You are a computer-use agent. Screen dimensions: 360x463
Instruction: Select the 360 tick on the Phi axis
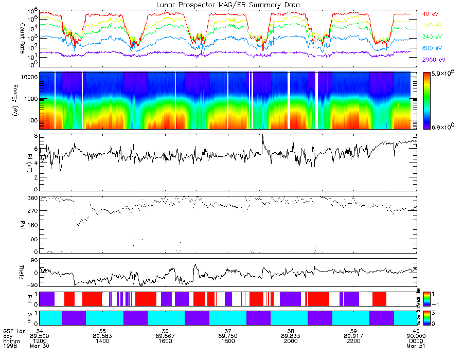click(x=31, y=198)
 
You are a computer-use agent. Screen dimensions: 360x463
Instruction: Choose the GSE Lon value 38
click(x=291, y=331)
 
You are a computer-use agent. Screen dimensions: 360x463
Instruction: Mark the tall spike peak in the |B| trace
click(x=263, y=135)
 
